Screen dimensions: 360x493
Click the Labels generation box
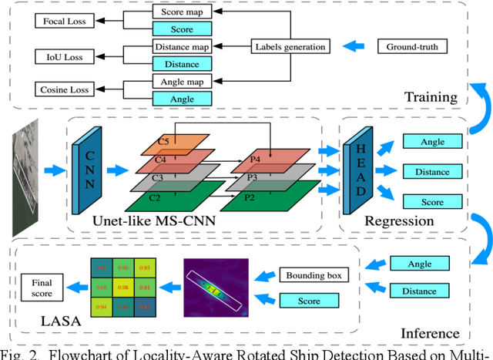(290, 48)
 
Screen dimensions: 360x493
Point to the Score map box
(182, 13)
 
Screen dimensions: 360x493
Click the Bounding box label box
(303, 275)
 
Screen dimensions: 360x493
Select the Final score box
(42, 287)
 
